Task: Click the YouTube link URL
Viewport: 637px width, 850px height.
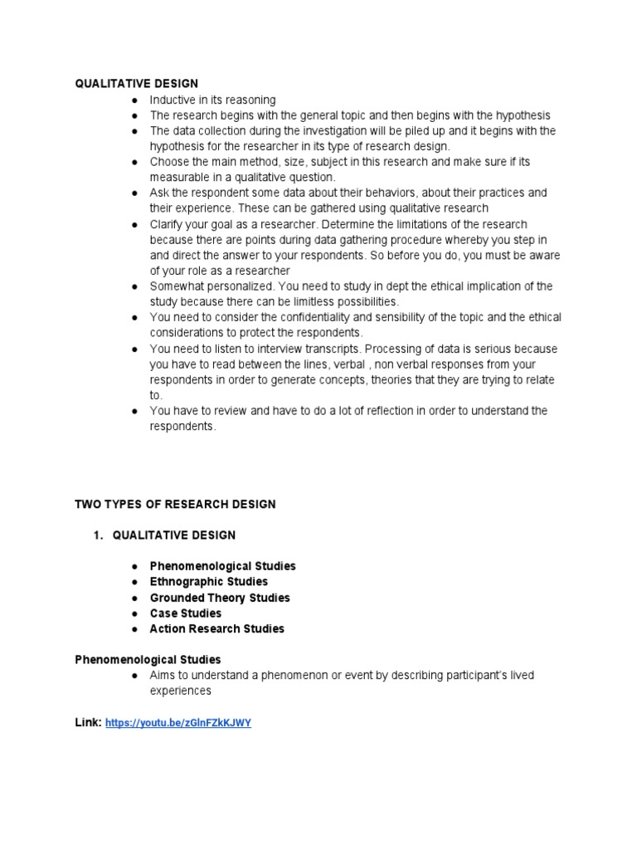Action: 178,723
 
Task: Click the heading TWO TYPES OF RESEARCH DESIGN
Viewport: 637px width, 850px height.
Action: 175,504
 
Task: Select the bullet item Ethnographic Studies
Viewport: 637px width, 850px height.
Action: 208,582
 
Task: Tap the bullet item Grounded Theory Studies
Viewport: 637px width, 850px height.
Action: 220,598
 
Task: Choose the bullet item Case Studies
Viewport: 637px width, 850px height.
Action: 186,613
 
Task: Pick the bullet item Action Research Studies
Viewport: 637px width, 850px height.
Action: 216,629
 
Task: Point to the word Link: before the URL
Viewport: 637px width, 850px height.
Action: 89,723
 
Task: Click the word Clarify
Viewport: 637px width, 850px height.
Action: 168,224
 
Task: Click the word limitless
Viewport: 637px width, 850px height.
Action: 325,301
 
